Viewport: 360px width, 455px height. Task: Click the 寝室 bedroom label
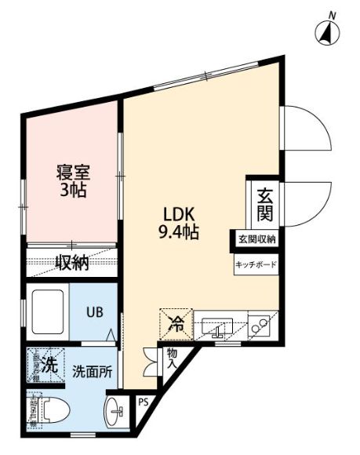(x=72, y=172)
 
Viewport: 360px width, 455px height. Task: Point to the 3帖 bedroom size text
(x=72, y=190)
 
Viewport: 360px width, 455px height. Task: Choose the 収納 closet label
(x=71, y=263)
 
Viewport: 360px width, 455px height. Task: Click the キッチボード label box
(x=256, y=265)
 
